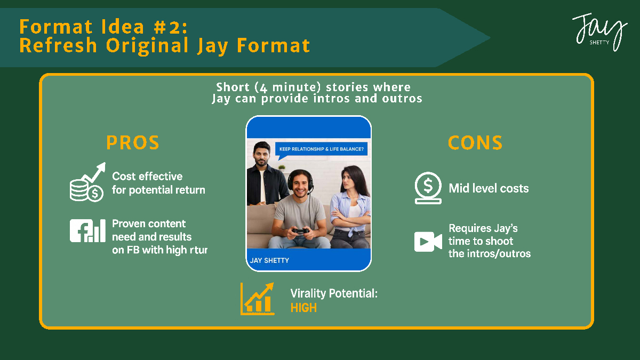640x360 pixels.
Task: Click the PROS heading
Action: coord(133,142)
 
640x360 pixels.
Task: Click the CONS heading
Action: coord(475,142)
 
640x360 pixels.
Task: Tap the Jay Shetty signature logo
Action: coord(599,32)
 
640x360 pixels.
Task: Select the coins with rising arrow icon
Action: coord(87,182)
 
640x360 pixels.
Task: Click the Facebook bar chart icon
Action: coord(87,230)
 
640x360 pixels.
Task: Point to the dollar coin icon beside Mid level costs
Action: coord(428,188)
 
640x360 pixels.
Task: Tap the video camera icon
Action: coord(428,242)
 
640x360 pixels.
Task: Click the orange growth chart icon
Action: coord(258,299)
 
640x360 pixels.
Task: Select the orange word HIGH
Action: coord(303,308)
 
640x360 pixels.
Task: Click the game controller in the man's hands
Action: coord(300,231)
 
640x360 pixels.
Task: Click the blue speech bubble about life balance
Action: coord(321,150)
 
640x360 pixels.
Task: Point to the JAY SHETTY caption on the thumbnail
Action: coord(269,261)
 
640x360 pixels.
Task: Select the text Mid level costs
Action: coord(489,188)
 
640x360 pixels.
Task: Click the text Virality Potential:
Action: coord(334,293)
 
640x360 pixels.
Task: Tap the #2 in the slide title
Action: coord(167,27)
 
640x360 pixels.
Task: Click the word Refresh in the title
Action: coord(58,45)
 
